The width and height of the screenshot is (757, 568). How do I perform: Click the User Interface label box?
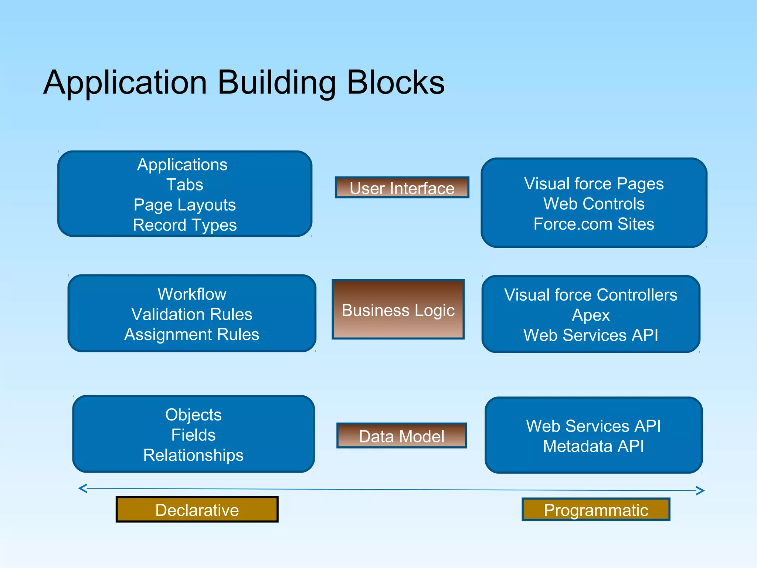click(402, 187)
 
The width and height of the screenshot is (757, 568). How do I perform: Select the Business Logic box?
click(398, 310)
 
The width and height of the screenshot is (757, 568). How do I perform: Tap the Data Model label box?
click(401, 436)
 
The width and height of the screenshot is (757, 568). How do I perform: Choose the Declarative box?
click(197, 510)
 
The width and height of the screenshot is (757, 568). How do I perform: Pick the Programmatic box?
click(596, 510)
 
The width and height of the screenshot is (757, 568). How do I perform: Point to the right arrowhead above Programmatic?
click(700, 491)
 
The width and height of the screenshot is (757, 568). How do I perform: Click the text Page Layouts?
click(185, 205)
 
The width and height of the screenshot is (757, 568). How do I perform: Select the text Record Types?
click(185, 225)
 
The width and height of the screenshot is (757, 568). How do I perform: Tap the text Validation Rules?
click(192, 314)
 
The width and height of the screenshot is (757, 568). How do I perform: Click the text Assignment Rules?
click(192, 334)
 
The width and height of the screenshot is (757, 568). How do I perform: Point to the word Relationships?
click(193, 455)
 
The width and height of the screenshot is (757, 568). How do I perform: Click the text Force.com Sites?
click(594, 224)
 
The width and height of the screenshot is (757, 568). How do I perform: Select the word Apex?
click(591, 315)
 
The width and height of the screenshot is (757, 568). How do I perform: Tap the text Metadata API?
click(594, 446)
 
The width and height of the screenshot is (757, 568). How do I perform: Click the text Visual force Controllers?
click(591, 295)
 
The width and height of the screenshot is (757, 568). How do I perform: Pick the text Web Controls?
click(594, 204)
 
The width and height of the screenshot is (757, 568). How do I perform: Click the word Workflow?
click(192, 294)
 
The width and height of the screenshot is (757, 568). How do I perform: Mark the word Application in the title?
click(125, 82)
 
